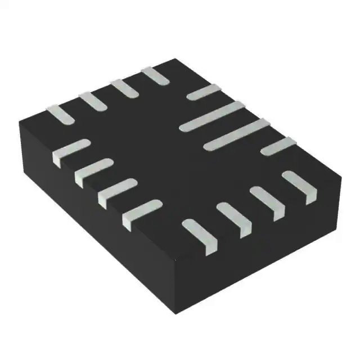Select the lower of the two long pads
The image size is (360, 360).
coord(236,134)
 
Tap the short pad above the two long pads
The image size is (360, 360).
coord(203,92)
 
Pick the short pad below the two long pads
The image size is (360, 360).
coord(278,146)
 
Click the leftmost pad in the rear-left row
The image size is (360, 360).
coord(60,114)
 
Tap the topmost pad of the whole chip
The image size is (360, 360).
coord(155,75)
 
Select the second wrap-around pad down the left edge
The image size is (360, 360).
coord(93,170)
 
